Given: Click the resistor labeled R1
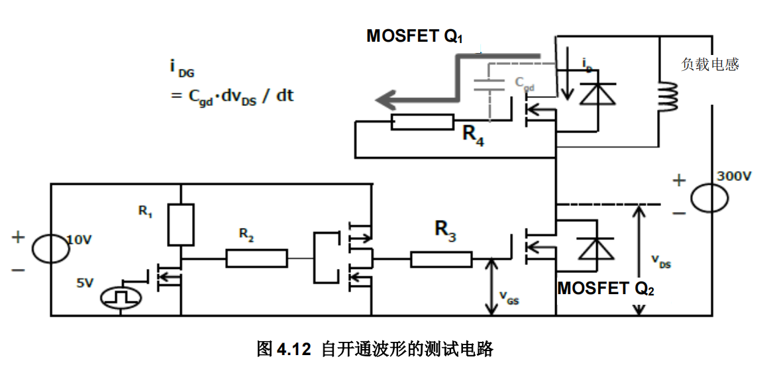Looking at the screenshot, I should click(181, 225).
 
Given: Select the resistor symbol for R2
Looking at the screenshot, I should click(257, 258).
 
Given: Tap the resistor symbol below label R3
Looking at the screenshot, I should click(441, 259).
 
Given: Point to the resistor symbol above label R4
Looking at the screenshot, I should click(422, 122).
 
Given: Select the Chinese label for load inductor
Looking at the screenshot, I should click(709, 64).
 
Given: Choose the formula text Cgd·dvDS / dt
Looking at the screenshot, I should click(232, 96).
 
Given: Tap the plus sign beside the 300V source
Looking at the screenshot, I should click(678, 180).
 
